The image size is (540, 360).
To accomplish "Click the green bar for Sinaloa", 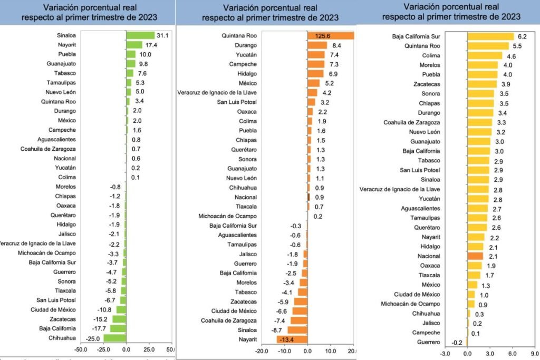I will click(x=140, y=35).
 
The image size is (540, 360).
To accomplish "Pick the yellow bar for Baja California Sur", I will click(x=490, y=36).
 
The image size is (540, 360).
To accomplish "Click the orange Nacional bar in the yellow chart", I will click(x=475, y=256).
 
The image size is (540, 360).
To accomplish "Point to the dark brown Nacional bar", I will click(x=309, y=197).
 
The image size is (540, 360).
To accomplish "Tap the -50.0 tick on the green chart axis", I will click(x=81, y=350).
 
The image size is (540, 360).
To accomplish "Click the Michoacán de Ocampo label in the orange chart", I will click(x=227, y=216).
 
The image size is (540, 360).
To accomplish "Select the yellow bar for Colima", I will click(x=485, y=55).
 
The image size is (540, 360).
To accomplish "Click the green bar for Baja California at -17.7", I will click(x=118, y=328).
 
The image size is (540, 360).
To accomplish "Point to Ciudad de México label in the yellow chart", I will click(x=417, y=294).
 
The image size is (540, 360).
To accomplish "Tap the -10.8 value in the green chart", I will click(x=104, y=309).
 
